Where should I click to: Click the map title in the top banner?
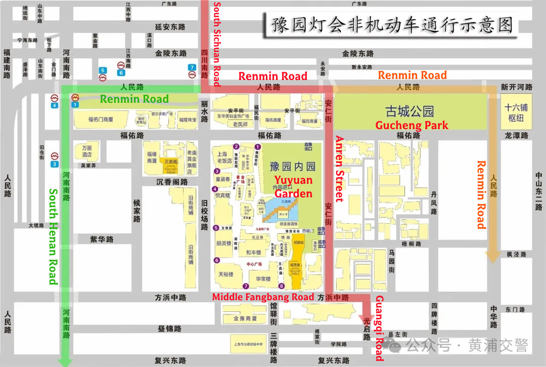click(x=392, y=24)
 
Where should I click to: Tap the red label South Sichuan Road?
click(x=216, y=45)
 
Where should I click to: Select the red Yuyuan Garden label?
click(x=293, y=187)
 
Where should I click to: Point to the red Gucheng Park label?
click(x=411, y=125)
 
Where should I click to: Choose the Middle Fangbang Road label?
click(x=263, y=297)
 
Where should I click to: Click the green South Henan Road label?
click(x=53, y=237)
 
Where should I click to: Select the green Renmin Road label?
click(x=134, y=99)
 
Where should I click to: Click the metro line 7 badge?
click(x=192, y=67)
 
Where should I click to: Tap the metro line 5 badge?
click(x=103, y=70)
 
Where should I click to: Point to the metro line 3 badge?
click(x=55, y=164)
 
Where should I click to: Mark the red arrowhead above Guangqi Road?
click(x=367, y=319)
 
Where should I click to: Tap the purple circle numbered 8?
click(x=282, y=286)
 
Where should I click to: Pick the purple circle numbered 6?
click(x=217, y=261)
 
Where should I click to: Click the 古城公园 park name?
click(x=409, y=111)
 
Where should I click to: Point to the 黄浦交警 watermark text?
click(x=498, y=346)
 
